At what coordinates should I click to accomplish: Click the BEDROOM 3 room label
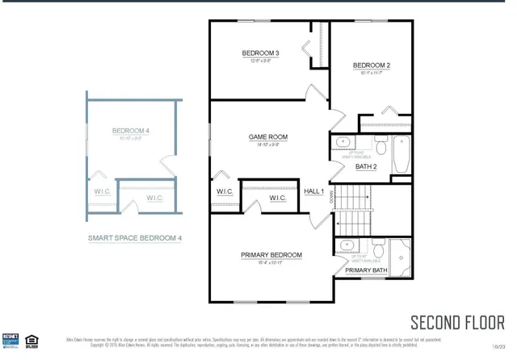(260, 53)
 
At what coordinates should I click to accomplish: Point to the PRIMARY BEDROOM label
(271, 255)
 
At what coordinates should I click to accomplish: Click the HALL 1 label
(313, 191)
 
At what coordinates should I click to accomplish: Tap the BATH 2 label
(366, 167)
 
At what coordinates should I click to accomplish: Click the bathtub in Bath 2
(401, 155)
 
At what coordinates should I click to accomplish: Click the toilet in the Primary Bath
(376, 246)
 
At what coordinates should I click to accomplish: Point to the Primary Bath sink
(347, 245)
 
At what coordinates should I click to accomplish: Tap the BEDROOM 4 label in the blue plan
(130, 130)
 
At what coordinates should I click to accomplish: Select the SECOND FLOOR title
(457, 322)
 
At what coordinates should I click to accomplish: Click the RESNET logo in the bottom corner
(11, 340)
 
